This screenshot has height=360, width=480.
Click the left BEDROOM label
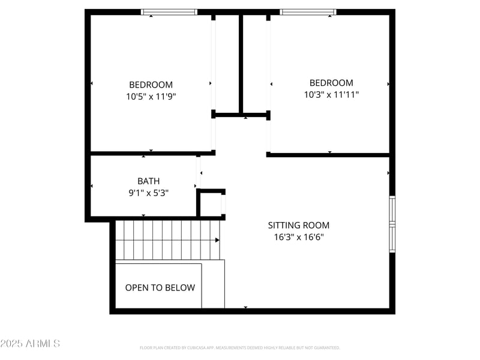[151, 85]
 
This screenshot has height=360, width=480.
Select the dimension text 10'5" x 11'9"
[151, 96]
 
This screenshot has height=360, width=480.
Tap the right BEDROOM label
[331, 83]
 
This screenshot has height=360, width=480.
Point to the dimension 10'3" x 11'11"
[331, 94]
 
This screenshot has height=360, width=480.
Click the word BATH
[149, 181]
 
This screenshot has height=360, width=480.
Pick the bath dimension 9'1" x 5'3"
[149, 193]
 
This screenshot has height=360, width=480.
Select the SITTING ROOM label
[298, 225]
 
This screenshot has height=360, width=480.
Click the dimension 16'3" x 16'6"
[298, 236]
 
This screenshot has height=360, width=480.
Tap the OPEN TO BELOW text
[160, 287]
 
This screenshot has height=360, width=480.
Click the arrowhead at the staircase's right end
[217, 240]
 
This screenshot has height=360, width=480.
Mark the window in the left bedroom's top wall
[169, 12]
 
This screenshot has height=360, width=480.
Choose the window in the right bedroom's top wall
[308, 12]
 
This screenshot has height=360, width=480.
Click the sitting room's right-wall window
[392, 224]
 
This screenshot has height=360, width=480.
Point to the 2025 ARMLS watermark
[30, 343]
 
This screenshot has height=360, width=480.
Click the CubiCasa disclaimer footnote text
[240, 347]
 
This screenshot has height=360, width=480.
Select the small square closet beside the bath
[211, 205]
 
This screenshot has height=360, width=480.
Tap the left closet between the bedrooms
[227, 63]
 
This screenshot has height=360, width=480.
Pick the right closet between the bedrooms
[255, 63]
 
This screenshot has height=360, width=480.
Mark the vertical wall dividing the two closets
[241, 63]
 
